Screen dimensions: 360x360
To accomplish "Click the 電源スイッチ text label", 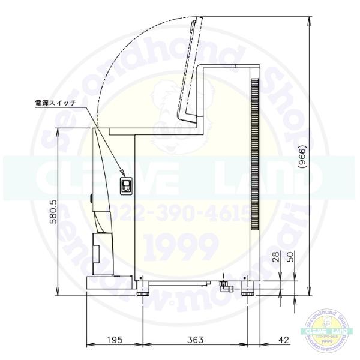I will (x=56, y=103).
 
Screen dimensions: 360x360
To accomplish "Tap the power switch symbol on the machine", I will (x=125, y=187).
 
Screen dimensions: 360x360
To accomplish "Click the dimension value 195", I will (x=115, y=340).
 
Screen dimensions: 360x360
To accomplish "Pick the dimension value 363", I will (x=194, y=340).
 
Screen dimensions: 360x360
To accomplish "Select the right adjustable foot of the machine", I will (x=248, y=292).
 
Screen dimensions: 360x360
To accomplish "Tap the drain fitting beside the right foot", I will (x=225, y=286).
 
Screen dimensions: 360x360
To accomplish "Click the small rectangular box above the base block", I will (x=97, y=247).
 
